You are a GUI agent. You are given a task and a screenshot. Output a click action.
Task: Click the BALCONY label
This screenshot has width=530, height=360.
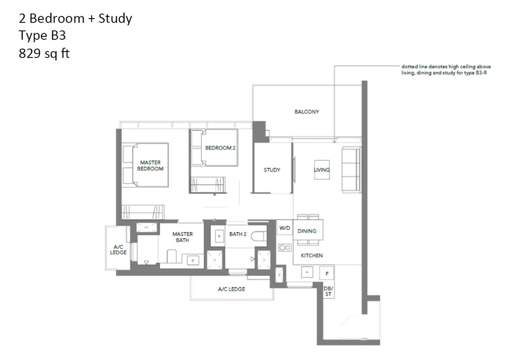tap(307, 112)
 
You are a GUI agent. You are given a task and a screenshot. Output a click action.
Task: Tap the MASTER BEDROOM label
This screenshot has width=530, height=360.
tap(151, 166)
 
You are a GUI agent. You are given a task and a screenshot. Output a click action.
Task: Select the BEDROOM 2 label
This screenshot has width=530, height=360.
tap(220, 148)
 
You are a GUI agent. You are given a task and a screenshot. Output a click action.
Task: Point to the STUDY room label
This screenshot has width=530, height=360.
tap(272, 170)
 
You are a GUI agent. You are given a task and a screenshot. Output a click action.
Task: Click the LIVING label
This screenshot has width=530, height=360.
tap(322, 170)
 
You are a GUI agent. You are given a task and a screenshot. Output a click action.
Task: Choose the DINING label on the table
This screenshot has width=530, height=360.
tap(307, 231)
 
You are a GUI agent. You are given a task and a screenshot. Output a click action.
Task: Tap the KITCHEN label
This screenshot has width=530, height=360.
tap(311, 255)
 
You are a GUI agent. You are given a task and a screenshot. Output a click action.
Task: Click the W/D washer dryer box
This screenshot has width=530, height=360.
tap(284, 228)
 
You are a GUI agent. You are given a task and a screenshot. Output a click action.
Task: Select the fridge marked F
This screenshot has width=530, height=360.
tap(326, 274)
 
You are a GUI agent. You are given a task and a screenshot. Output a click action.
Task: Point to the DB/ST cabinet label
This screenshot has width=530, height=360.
tap(329, 291)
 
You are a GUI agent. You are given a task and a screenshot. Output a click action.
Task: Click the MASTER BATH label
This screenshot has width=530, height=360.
tap(182, 237)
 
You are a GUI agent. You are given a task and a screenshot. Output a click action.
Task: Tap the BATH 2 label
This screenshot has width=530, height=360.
tap(238, 234)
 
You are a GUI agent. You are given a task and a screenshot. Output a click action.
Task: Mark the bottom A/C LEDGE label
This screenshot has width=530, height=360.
tap(231, 289)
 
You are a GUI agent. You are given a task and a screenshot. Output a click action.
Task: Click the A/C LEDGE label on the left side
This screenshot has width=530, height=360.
tap(118, 250)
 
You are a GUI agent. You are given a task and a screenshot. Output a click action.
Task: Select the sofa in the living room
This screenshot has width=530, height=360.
tap(351, 170)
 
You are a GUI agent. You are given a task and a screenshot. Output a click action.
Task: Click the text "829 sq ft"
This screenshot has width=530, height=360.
tap(44, 53)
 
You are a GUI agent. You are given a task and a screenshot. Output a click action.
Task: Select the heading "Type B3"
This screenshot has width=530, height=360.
tap(42, 36)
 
